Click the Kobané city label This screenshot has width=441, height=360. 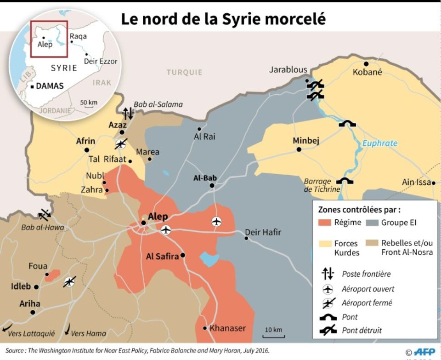[x=367, y=72]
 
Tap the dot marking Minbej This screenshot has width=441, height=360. [x=299, y=149]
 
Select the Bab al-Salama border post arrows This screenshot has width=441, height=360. [x=128, y=113]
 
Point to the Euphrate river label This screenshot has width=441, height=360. [x=380, y=143]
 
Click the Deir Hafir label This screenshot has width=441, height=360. [x=263, y=233]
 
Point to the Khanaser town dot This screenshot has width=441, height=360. [x=205, y=328]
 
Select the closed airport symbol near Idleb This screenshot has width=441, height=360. [x=69, y=281]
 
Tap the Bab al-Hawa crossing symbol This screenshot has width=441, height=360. [x=45, y=214]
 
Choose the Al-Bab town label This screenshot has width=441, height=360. [x=204, y=178]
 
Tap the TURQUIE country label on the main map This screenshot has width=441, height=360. [x=184, y=72]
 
